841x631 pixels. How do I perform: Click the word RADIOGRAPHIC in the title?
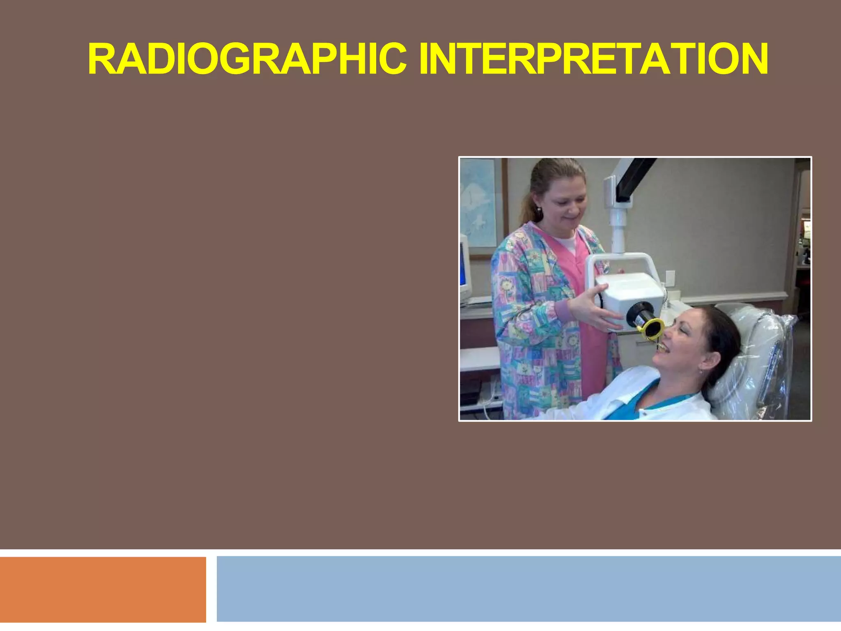tap(246, 60)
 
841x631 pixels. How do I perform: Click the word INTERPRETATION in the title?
tap(593, 60)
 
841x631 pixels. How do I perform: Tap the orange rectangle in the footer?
tap(103, 590)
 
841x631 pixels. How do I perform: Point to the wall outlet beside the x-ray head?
tap(670, 278)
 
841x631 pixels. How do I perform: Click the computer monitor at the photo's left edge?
tap(465, 267)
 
